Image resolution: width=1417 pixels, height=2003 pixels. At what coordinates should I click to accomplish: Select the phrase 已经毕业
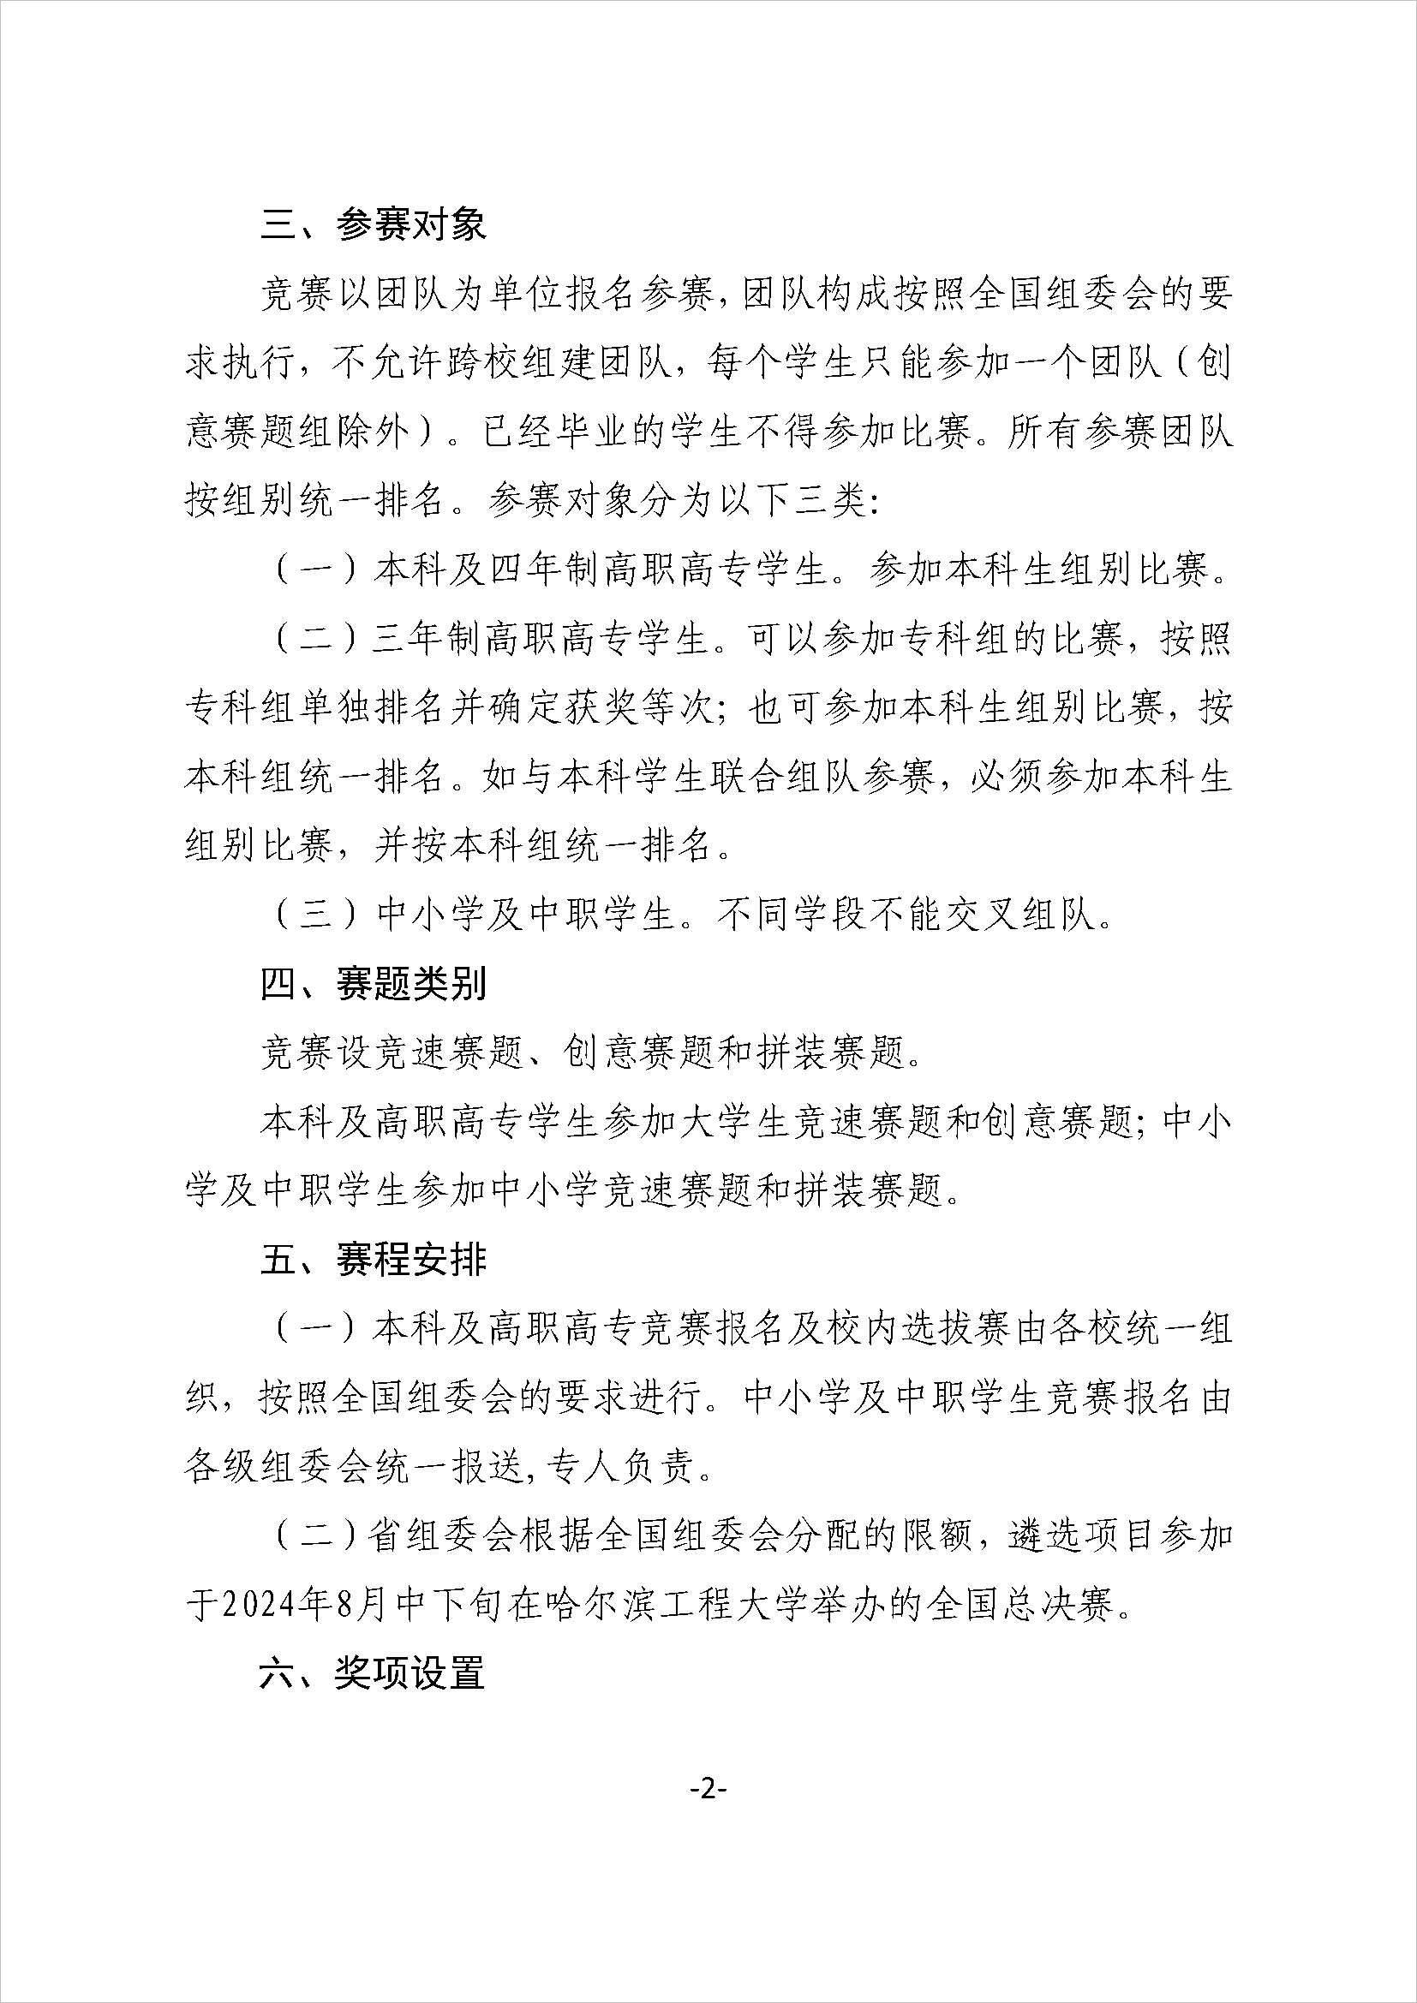tap(559, 433)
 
